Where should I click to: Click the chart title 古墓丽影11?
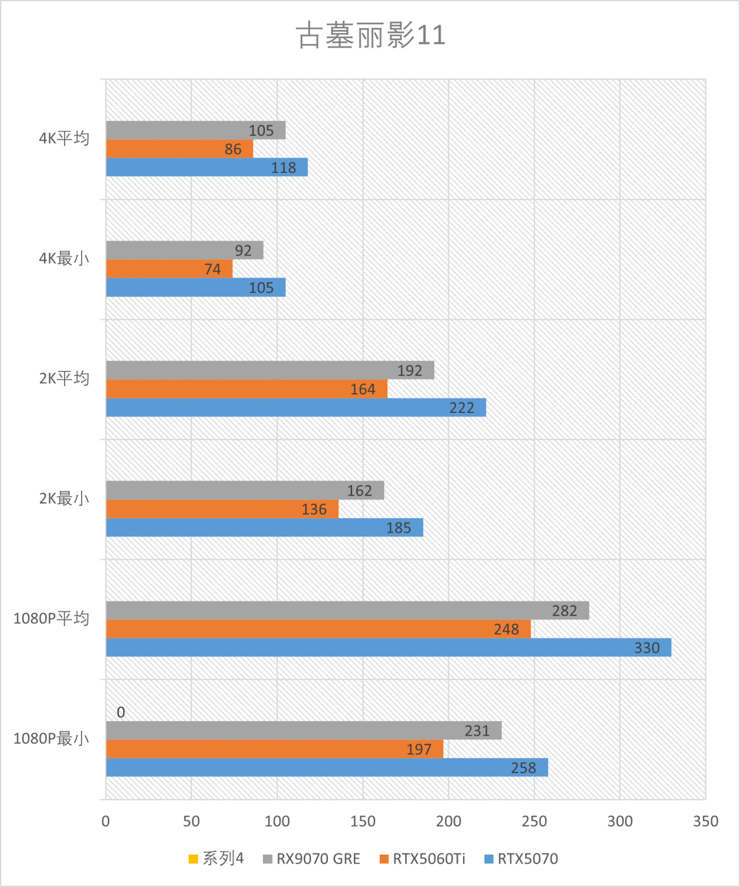371,35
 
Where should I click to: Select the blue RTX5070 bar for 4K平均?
206,168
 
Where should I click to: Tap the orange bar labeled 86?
179,149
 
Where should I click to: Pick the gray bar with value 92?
184,250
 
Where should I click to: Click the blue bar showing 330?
388,648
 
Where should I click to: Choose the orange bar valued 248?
318,629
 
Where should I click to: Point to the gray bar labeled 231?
304,730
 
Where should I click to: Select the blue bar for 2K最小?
264,527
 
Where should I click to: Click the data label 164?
363,389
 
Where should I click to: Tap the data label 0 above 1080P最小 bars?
121,712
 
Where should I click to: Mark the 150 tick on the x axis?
363,821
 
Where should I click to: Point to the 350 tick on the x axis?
705,821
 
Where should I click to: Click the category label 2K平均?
64,379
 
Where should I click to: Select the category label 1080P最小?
51,738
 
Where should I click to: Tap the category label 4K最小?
64,258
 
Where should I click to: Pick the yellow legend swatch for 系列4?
194,859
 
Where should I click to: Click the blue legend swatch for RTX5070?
489,859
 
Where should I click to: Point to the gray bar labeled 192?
270,370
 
